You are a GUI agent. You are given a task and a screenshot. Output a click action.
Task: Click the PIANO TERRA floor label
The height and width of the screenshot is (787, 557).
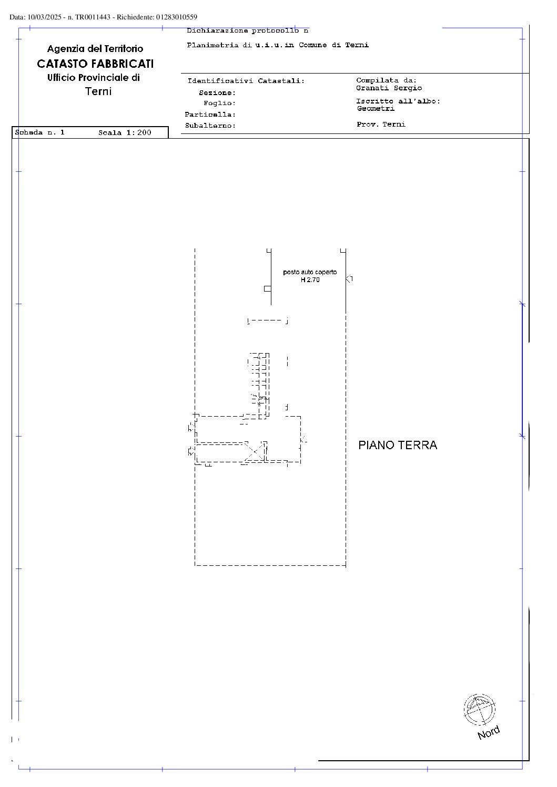(x=397, y=445)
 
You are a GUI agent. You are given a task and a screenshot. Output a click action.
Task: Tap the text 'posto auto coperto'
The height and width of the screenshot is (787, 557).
(x=310, y=272)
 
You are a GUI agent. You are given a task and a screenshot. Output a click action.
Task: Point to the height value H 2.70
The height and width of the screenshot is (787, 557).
(x=310, y=279)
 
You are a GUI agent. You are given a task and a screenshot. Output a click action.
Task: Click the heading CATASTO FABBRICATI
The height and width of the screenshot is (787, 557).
(x=95, y=64)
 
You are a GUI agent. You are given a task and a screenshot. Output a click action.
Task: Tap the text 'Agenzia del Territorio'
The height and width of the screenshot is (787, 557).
(x=95, y=48)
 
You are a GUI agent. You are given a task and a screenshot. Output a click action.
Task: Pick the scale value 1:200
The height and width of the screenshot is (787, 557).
(x=139, y=132)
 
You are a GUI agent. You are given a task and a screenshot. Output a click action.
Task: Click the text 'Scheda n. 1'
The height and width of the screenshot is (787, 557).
(x=40, y=132)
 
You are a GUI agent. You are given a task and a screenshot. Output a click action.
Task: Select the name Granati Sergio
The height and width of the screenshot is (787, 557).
(x=389, y=88)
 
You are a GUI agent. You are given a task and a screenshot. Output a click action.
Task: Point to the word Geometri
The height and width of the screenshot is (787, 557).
(x=376, y=109)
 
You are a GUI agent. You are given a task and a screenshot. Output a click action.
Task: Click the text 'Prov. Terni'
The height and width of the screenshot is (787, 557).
(x=381, y=124)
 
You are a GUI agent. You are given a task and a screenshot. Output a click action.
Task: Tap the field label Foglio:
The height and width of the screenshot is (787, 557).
(x=219, y=103)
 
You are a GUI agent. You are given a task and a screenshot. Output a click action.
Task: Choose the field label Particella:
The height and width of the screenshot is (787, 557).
(x=210, y=115)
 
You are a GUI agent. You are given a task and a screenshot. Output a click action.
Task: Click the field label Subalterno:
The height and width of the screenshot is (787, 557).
(x=210, y=126)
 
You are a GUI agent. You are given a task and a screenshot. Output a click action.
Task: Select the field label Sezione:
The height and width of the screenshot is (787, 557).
(x=217, y=93)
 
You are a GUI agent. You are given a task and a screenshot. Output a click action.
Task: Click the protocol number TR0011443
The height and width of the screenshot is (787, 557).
(x=93, y=17)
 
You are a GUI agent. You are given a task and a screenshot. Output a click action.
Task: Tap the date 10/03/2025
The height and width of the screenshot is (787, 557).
(x=44, y=17)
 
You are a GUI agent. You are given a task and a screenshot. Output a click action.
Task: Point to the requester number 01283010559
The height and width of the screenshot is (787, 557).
(x=177, y=17)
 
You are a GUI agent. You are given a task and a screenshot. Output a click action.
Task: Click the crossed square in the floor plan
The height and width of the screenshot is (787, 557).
(x=255, y=451)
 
